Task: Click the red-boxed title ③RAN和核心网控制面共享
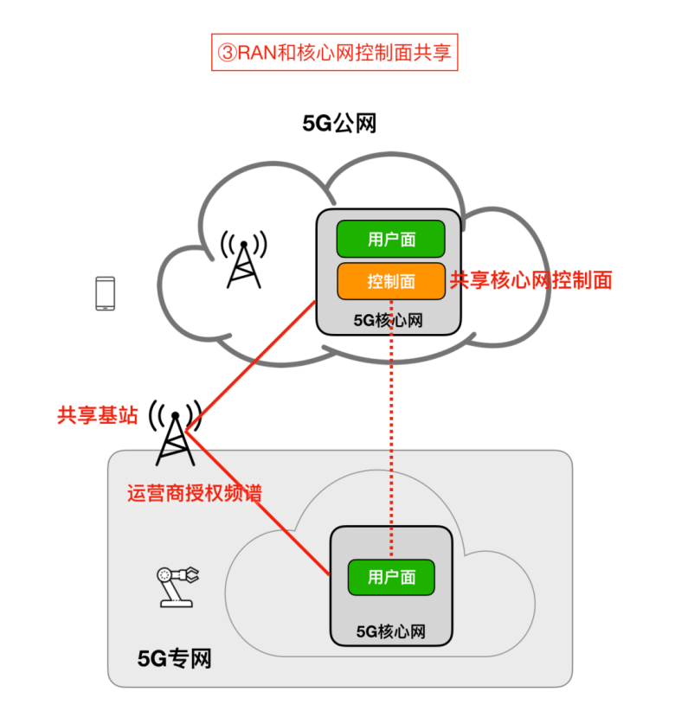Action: click(334, 53)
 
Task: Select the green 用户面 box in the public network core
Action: click(390, 240)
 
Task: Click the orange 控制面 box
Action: click(390, 281)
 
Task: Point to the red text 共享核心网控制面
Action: click(530, 280)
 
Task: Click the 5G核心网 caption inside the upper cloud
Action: click(388, 320)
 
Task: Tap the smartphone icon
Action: click(105, 293)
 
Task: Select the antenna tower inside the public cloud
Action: click(243, 259)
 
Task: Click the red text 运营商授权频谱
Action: click(194, 494)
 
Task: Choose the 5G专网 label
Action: click(174, 659)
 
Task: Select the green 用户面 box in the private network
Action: click(390, 577)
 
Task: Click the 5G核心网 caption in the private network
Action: click(390, 631)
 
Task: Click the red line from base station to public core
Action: click(251, 364)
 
